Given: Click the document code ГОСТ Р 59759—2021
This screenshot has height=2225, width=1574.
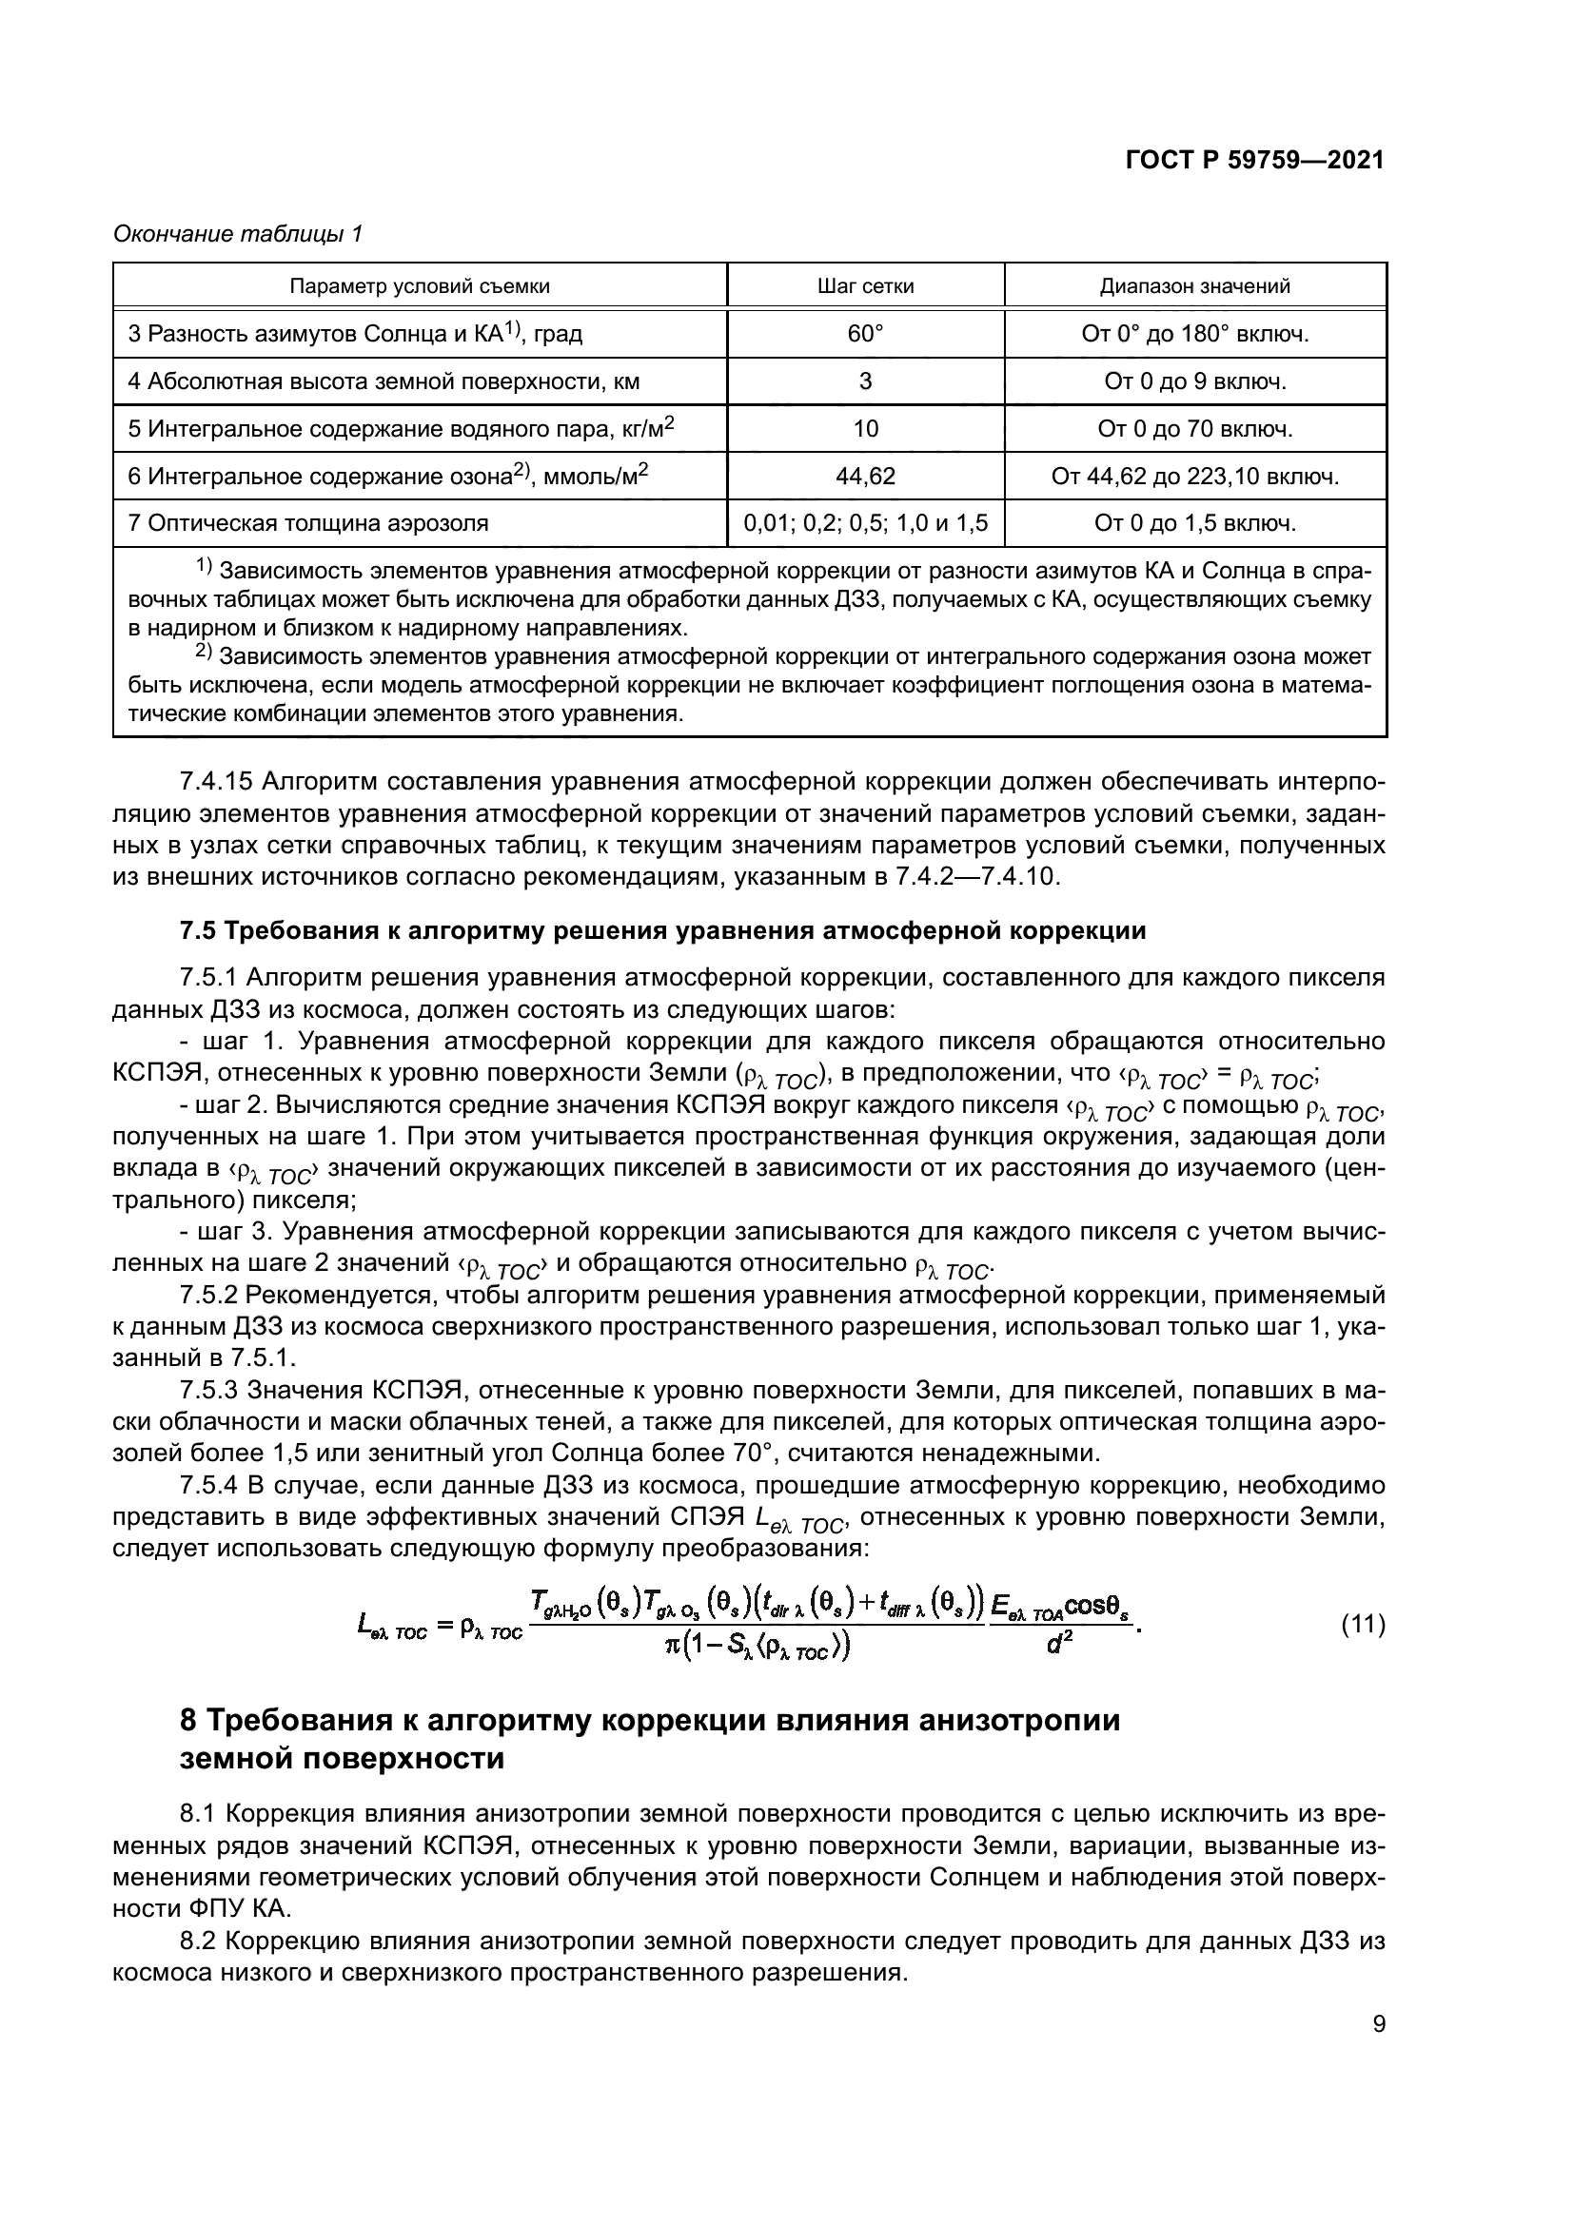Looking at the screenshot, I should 1254,161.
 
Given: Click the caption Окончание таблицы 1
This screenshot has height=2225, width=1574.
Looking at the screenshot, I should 238,235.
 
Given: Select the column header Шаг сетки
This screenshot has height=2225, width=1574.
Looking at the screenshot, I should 864,286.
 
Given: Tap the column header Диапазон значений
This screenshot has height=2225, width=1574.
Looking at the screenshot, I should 1194,286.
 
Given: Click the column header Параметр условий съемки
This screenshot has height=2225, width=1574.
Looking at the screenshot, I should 420,286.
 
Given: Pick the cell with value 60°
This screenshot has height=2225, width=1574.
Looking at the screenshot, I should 864,334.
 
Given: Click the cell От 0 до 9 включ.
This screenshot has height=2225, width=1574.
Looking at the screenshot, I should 1194,381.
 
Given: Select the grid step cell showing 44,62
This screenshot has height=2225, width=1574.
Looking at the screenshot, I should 864,477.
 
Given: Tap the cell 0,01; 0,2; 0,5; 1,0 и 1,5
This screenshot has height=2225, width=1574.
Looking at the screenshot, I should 864,524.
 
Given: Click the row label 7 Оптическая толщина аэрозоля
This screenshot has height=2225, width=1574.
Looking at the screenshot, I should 308,524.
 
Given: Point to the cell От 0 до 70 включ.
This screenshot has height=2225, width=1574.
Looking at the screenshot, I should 1194,429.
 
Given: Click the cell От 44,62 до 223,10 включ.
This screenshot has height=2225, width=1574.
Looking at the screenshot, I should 1194,477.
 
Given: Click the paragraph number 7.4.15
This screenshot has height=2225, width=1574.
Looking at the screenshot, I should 214,781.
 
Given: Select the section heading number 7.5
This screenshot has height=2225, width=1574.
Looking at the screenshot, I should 200,931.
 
